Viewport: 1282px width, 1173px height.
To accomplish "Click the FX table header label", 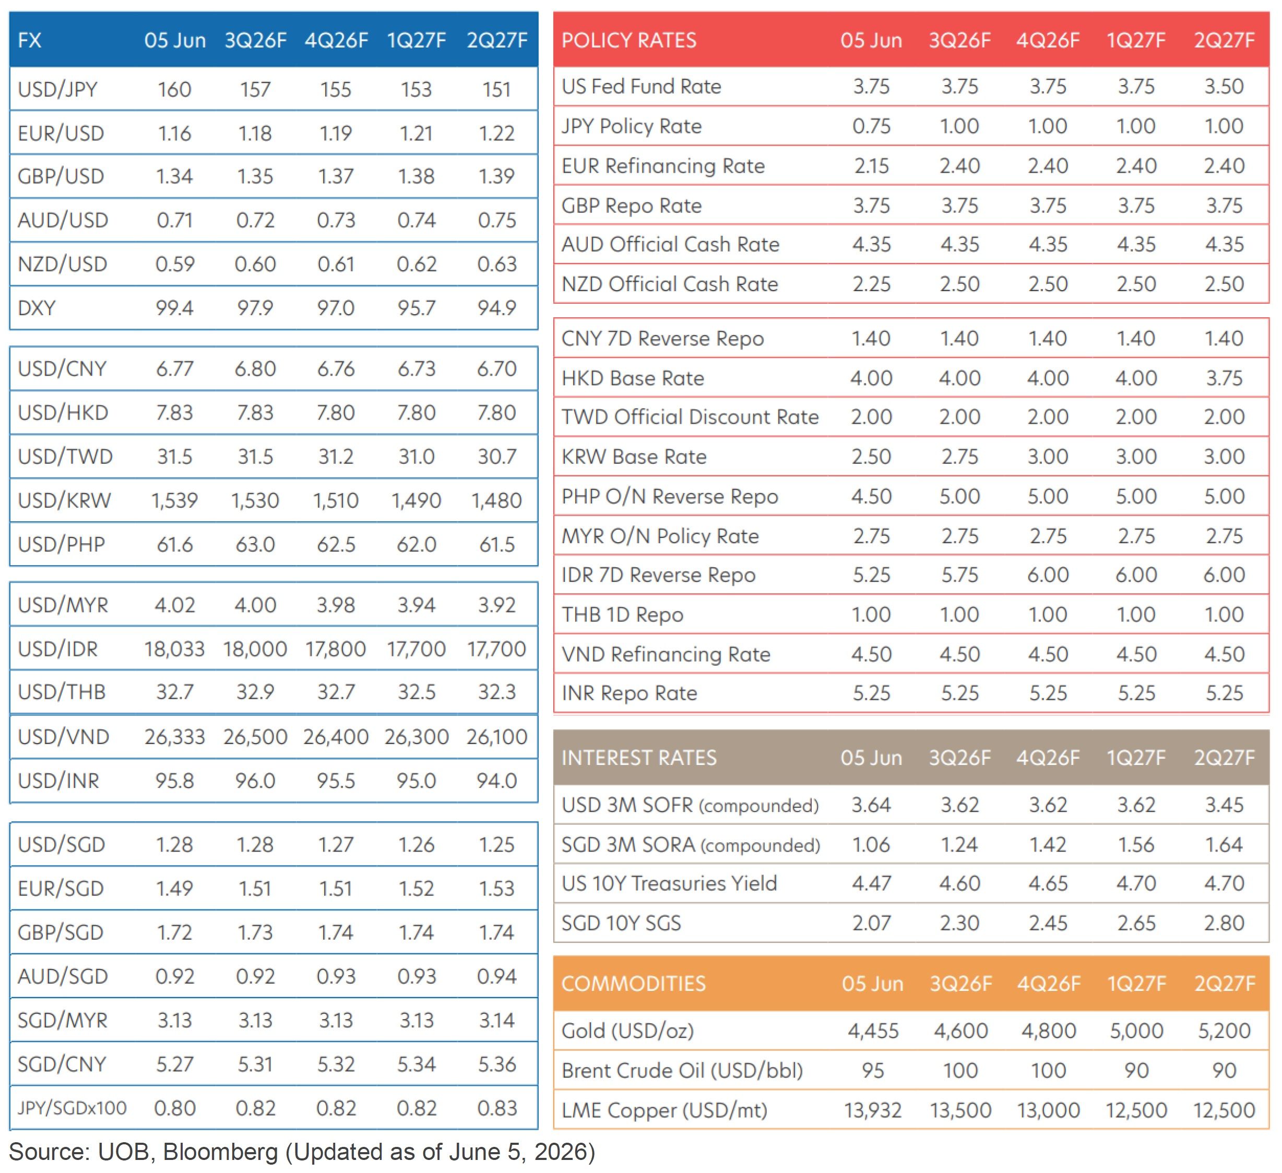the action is [x=29, y=41].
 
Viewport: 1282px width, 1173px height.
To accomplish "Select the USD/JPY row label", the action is [x=58, y=89].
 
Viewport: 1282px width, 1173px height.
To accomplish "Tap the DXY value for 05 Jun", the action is [x=175, y=308].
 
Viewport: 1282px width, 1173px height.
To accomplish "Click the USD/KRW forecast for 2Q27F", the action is [x=496, y=501].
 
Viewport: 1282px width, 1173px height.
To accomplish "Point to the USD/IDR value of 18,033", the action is [x=174, y=649].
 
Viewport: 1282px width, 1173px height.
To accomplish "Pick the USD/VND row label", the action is [x=64, y=737].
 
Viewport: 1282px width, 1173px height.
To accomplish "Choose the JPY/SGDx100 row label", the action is [x=72, y=1108].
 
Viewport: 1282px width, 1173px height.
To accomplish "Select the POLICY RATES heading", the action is [x=629, y=41].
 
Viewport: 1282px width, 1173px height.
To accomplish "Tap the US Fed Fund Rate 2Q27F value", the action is [x=1224, y=87].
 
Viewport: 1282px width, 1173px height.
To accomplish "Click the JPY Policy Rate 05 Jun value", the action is [x=871, y=126].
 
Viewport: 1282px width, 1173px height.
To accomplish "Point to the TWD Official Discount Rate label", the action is [x=690, y=417].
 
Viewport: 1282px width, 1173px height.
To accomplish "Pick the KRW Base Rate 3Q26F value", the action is [x=959, y=457].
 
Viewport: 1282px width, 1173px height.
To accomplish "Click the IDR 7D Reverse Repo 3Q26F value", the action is [x=959, y=574].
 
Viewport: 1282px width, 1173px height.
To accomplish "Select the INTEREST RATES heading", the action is [x=639, y=758].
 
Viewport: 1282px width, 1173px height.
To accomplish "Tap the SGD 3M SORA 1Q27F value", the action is [x=1136, y=844].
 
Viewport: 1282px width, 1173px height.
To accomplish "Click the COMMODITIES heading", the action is [x=633, y=984].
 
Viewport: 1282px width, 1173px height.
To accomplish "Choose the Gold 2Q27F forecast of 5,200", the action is [x=1224, y=1031].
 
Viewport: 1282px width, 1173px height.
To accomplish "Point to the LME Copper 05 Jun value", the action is [x=872, y=1110].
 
